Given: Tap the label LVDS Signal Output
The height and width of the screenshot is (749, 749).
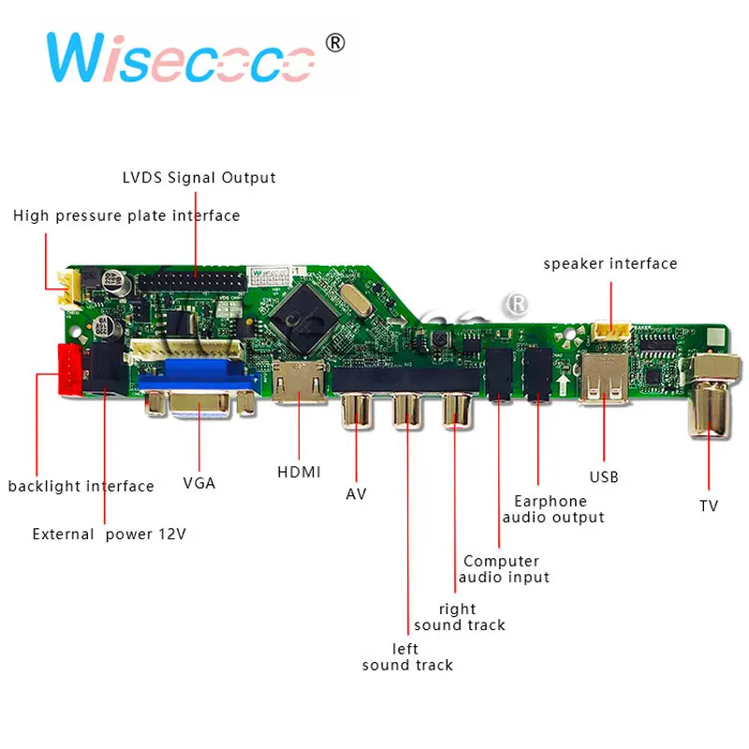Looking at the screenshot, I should click(199, 177).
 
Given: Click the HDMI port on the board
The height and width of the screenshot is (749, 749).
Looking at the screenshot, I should click(300, 384).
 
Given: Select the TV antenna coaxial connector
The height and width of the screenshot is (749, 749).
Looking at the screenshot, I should click(710, 398).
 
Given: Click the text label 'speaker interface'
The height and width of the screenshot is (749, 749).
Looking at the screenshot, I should click(610, 264).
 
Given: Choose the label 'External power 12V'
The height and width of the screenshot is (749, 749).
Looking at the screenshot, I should click(110, 535).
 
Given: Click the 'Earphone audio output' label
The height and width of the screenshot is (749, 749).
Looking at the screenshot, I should click(553, 509).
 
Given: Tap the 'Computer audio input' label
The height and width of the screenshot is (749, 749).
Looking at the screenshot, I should click(503, 569).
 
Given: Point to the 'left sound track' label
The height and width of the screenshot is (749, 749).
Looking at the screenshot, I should click(407, 657).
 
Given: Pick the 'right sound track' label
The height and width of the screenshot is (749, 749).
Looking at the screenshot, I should click(459, 617).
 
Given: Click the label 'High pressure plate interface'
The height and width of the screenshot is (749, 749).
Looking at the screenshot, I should click(126, 216).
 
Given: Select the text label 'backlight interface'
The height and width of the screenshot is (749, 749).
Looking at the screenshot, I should click(81, 486).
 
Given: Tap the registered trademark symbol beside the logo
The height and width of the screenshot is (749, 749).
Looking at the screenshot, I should click(335, 44).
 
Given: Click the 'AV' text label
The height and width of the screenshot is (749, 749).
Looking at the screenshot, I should click(356, 493).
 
